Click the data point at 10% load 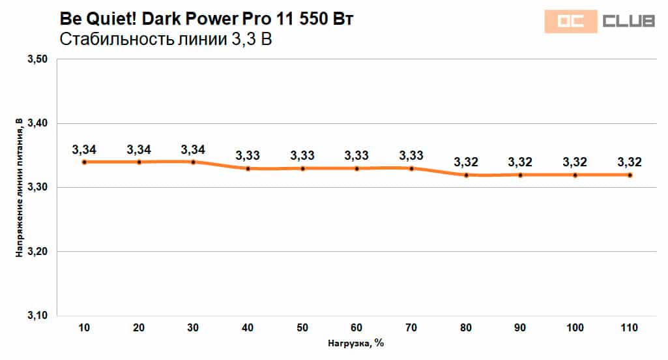click(85, 162)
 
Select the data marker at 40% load click(248, 168)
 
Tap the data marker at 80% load click(467, 175)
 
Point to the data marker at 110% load click(630, 175)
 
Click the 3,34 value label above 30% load click(194, 149)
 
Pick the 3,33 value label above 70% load click(412, 156)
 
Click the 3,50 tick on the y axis click(38, 59)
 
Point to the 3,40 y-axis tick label click(38, 123)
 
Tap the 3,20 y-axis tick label click(38, 252)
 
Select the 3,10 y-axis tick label click(38, 316)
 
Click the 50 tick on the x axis click(303, 327)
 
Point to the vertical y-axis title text click(20, 188)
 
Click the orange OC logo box click(571, 22)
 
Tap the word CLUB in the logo click(629, 22)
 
